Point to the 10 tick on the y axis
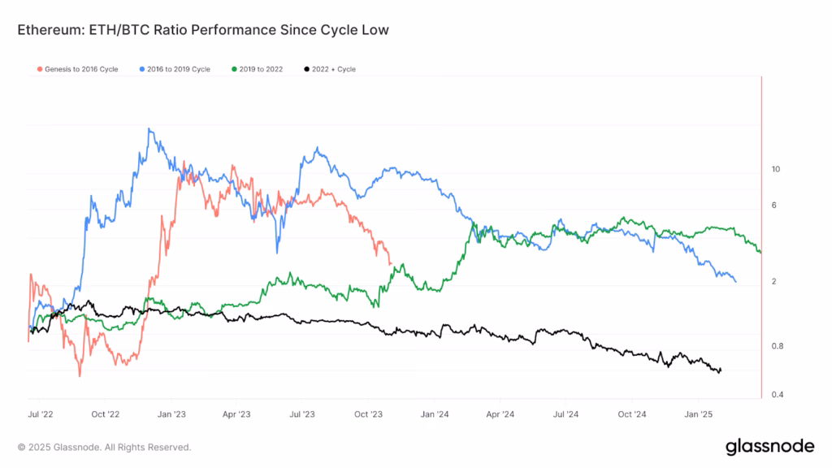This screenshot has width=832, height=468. pyautogui.click(x=775, y=169)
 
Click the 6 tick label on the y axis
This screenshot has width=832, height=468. pyautogui.click(x=773, y=206)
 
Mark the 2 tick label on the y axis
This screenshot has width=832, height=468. pyautogui.click(x=773, y=281)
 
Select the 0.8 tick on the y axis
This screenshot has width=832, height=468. pyautogui.click(x=777, y=346)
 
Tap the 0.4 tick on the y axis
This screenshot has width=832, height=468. pyautogui.click(x=777, y=395)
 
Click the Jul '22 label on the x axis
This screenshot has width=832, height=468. pyautogui.click(x=41, y=414)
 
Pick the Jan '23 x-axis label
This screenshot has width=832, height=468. pyautogui.click(x=171, y=414)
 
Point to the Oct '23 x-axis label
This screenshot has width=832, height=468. pyautogui.click(x=368, y=414)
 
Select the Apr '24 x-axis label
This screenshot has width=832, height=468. pyautogui.click(x=500, y=414)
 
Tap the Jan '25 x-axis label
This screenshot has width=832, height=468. pyautogui.click(x=697, y=414)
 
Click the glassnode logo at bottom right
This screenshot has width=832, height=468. pyautogui.click(x=769, y=446)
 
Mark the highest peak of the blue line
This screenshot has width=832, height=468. pyautogui.click(x=149, y=128)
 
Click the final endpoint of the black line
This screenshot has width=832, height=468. pyautogui.click(x=721, y=370)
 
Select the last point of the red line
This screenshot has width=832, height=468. pyautogui.click(x=391, y=264)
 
